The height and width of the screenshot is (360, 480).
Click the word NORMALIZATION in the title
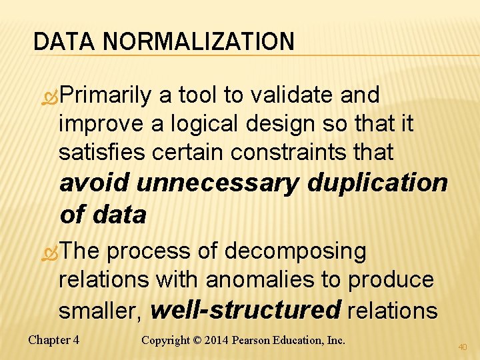pos(198,41)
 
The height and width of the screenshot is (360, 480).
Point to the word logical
pos(200,123)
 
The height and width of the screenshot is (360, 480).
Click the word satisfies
pos(103,152)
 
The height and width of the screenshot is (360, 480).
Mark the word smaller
pos(101,310)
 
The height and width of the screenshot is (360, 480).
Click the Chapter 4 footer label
pos(54,340)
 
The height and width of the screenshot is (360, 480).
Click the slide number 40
pos(463,347)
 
